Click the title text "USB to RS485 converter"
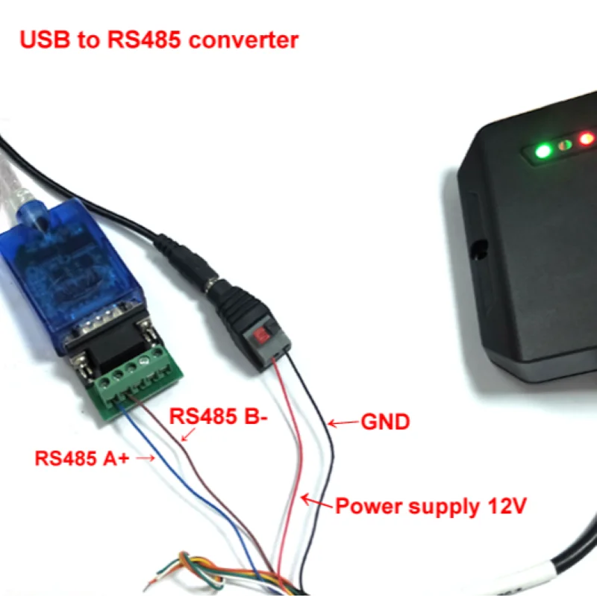159,40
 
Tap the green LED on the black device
543,150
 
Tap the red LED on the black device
587,139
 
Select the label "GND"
385,422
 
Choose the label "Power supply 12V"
431,507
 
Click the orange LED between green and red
566,144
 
